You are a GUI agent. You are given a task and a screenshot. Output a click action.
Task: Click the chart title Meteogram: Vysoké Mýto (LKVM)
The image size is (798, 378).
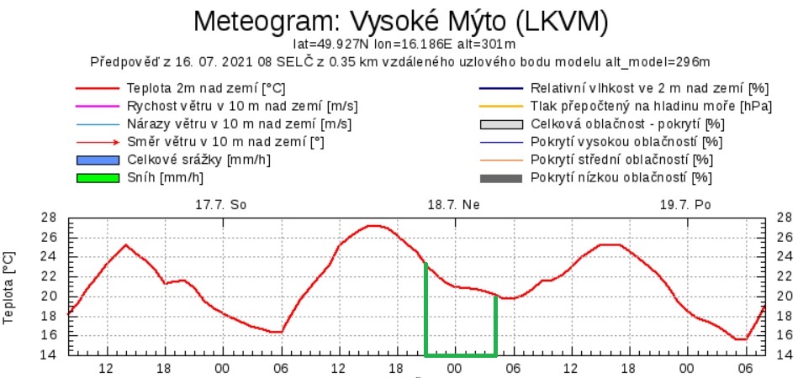pos(399,20)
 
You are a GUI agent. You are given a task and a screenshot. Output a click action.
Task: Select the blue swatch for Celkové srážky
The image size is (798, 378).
pos(98,160)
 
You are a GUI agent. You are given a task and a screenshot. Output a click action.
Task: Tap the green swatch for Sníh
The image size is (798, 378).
pos(98,177)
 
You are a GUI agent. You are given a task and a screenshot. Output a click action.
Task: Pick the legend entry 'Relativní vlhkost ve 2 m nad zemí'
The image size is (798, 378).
pos(650,88)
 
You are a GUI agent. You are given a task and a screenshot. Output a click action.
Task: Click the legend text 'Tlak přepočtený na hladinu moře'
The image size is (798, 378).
pos(640,106)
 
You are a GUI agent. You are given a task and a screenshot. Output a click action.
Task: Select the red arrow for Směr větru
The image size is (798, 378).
pos(98,142)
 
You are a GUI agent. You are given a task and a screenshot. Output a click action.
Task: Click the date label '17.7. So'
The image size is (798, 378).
pos(221,204)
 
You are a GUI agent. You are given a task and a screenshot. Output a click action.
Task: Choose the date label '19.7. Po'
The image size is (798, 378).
pos(686,204)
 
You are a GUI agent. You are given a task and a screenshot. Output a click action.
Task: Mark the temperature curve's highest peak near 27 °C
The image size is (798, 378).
pos(374,225)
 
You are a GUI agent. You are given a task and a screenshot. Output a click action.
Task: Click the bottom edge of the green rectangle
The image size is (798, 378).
pos(461,354)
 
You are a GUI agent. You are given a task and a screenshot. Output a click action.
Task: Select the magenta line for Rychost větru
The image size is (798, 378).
pos(98,106)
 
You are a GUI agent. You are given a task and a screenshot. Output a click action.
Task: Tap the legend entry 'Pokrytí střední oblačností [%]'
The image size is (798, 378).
pos(621,160)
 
